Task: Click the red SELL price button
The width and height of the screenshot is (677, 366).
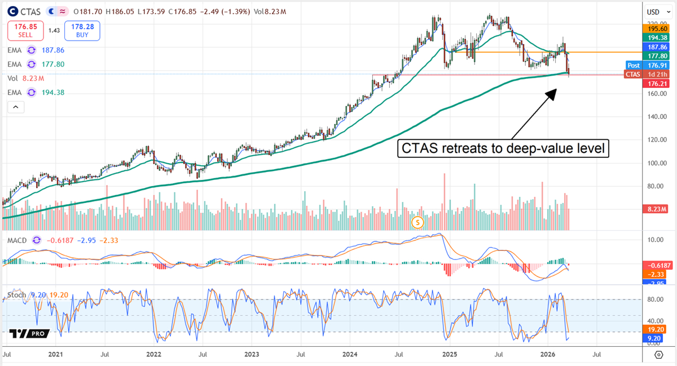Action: coord(25,30)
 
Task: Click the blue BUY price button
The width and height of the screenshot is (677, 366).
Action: coord(82,30)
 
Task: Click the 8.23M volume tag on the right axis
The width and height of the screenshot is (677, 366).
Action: coord(655,209)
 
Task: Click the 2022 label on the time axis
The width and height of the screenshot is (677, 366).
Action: coord(153,355)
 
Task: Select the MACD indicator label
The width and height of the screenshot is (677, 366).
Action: coord(18,240)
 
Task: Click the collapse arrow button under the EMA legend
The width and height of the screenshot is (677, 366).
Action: coord(15,107)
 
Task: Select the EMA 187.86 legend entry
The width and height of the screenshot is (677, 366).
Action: coord(34,50)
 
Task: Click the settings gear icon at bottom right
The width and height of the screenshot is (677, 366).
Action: coord(658,355)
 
